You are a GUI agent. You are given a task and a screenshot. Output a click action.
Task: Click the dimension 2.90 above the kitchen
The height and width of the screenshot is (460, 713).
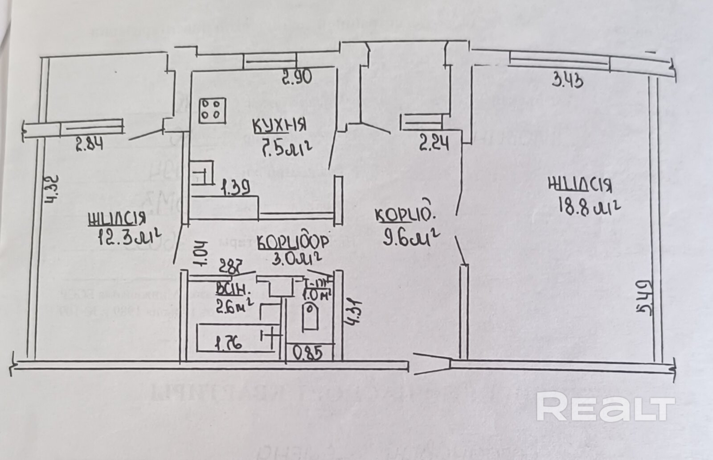297,78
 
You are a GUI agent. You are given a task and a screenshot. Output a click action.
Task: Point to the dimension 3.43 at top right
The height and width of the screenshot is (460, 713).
568,81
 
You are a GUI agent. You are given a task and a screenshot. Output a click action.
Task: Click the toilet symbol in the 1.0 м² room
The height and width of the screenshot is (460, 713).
310,316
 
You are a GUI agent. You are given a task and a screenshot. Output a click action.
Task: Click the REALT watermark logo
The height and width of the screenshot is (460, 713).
605,406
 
